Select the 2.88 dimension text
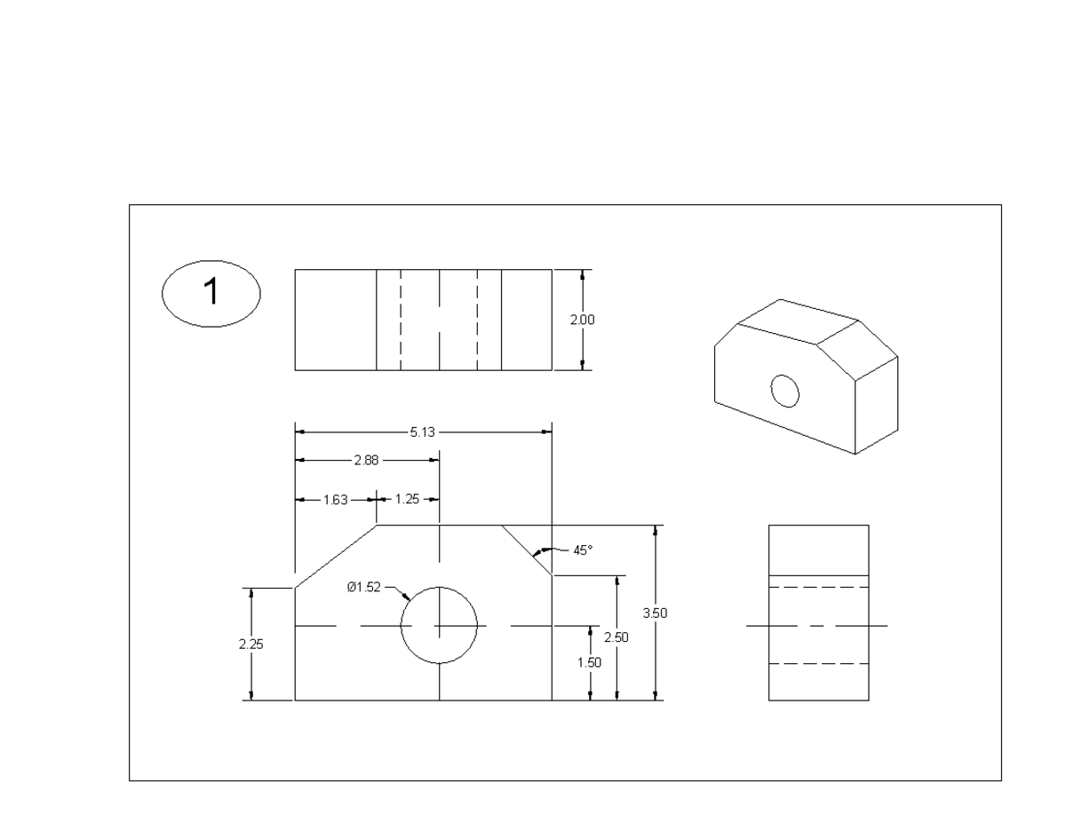(x=365, y=461)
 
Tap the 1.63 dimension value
(x=335, y=500)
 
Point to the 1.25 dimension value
(x=406, y=500)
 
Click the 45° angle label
(x=582, y=550)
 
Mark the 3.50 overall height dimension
(x=655, y=613)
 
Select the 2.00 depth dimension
(x=582, y=320)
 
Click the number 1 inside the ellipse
(x=211, y=292)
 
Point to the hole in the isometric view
(x=785, y=391)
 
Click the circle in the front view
(x=439, y=626)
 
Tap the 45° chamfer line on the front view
(x=527, y=550)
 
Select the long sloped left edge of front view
(x=337, y=556)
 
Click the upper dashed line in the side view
(x=818, y=588)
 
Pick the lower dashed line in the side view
(x=818, y=664)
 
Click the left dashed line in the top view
(x=400, y=320)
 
